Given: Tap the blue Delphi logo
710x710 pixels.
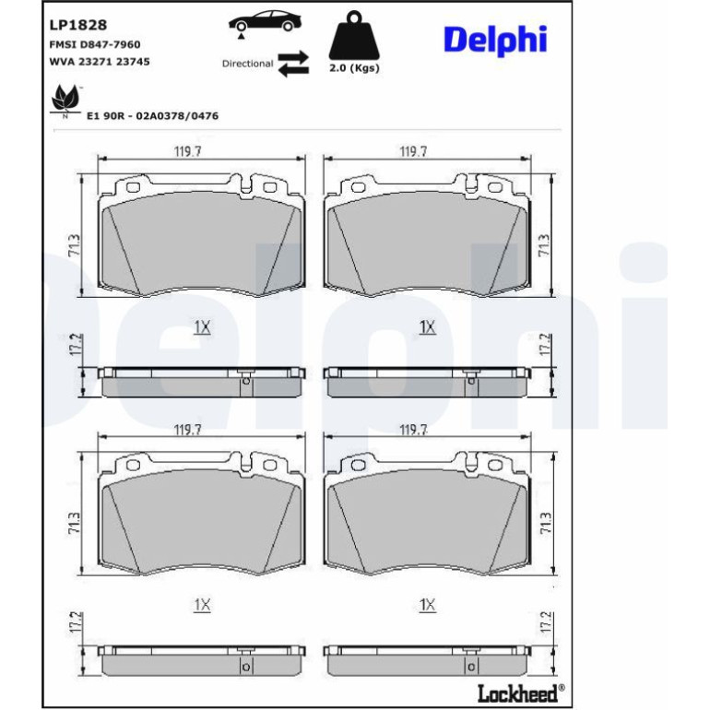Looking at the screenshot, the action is pyautogui.click(x=495, y=40).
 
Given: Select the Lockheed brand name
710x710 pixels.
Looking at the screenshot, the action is pyautogui.click(x=518, y=692).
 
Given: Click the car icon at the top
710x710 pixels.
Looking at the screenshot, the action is pyautogui.click(x=265, y=23).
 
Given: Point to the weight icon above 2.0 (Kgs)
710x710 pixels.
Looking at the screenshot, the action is pyautogui.click(x=354, y=35).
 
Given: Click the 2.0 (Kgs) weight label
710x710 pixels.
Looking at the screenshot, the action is pyautogui.click(x=354, y=68).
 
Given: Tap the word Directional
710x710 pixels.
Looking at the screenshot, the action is pyautogui.click(x=247, y=64).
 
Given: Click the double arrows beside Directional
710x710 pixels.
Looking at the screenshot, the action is pyautogui.click(x=293, y=64).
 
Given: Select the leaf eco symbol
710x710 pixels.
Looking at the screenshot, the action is pyautogui.click(x=66, y=101).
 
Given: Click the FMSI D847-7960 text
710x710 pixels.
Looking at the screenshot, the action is pyautogui.click(x=95, y=44).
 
